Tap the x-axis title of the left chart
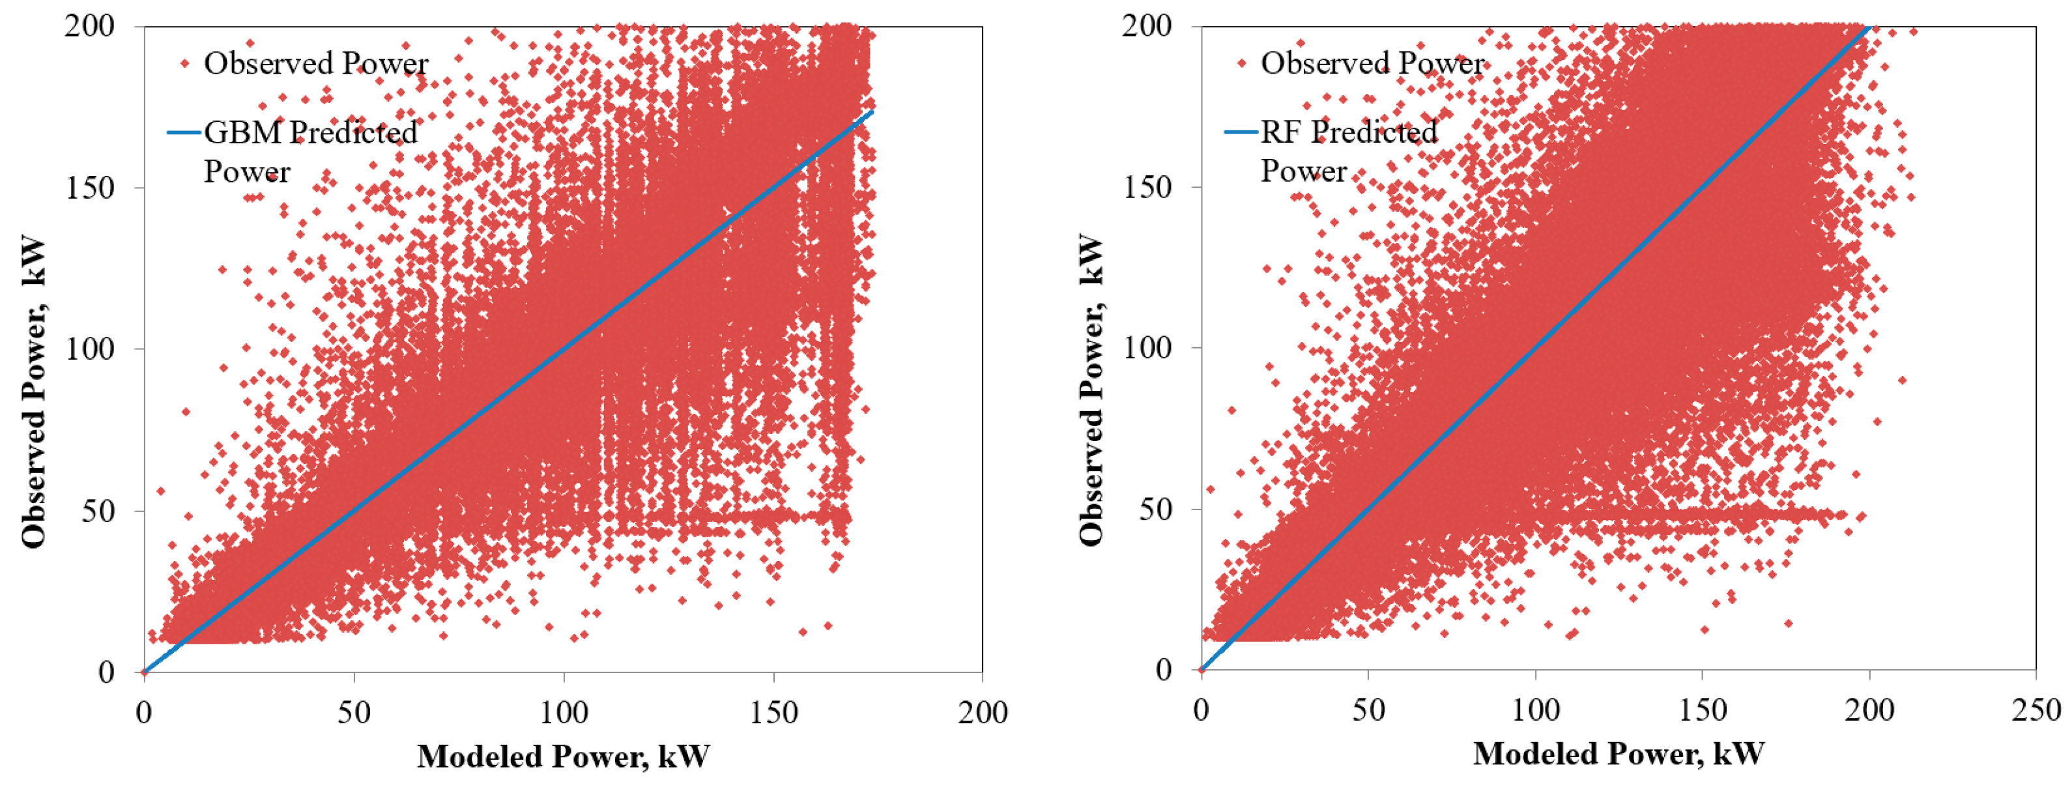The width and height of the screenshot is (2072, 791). point(563,756)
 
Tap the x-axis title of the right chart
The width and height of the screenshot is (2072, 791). point(1619,754)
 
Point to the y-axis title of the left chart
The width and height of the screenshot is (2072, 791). point(34,392)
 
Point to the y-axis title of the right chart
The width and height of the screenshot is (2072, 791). point(1091,390)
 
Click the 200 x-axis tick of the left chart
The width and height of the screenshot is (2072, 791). point(982,712)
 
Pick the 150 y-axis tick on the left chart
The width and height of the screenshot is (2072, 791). point(89,188)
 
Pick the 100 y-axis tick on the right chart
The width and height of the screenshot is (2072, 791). point(1147,348)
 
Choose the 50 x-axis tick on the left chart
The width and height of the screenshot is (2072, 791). point(354,712)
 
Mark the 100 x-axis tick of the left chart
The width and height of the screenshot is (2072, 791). point(563,712)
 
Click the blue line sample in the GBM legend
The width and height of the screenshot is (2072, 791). point(183,132)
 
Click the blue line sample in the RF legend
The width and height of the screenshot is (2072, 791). point(1241,131)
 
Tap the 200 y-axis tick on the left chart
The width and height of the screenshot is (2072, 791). point(89,26)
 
